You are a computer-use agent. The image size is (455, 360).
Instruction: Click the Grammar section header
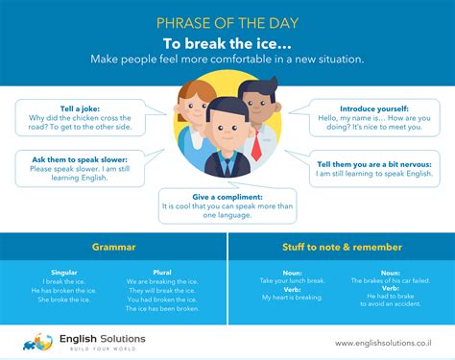pos(113,247)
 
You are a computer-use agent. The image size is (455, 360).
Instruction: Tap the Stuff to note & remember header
pos(341,247)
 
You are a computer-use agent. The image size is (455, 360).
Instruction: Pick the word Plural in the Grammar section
pos(162,272)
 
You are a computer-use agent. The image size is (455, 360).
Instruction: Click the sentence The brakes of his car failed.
pos(391,280)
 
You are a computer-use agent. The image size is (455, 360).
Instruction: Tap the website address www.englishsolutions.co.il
pos(382,343)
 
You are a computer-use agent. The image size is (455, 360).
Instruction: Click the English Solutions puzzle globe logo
pos(37,341)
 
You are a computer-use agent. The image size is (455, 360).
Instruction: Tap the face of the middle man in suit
pos(223,125)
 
